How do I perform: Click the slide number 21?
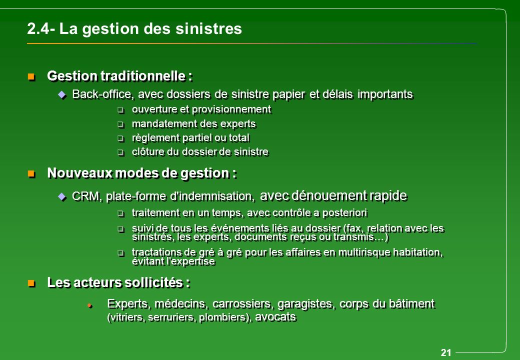coord(446,353)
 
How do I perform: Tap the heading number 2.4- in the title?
coord(41,29)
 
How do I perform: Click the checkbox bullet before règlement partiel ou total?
coord(120,138)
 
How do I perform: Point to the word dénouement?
coord(325,194)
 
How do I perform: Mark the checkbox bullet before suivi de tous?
coord(120,229)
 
